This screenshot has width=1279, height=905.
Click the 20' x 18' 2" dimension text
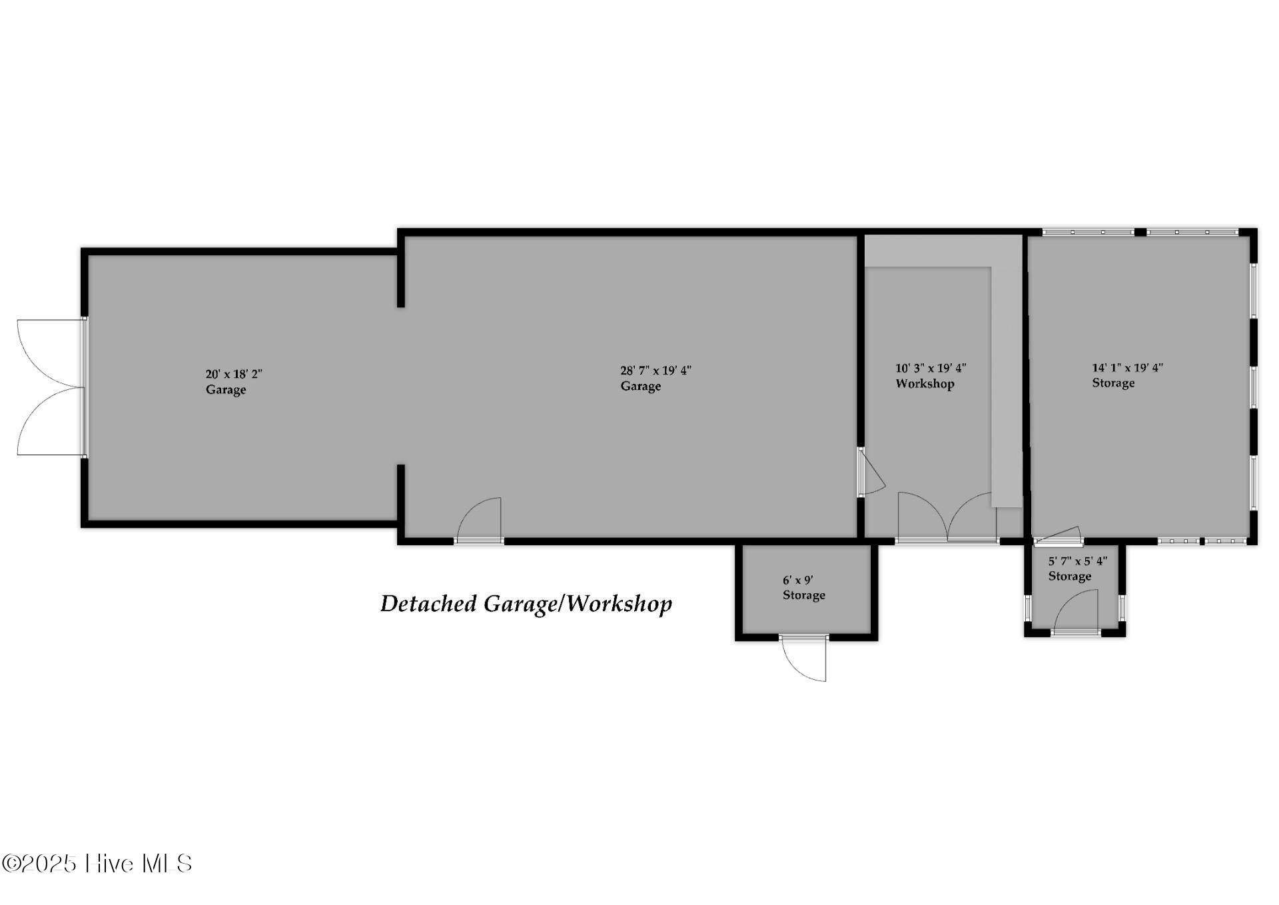click(234, 374)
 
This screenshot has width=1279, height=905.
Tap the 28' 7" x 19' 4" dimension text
click(655, 371)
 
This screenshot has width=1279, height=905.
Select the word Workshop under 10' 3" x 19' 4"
click(925, 384)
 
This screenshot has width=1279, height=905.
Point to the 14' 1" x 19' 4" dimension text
click(1127, 367)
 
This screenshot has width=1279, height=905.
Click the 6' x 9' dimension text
click(797, 580)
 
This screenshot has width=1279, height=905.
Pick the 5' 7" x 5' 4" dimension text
click(1078, 561)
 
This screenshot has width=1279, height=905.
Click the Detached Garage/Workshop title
click(526, 604)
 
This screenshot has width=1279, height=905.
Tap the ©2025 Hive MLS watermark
click(97, 864)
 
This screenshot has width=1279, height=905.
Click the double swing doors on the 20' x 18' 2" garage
click(51, 387)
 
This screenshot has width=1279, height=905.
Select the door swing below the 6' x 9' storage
click(803, 658)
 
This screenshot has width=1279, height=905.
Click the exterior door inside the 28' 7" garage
click(478, 520)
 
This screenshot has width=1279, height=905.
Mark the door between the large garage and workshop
click(871, 472)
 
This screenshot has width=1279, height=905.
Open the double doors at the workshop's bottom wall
click(947, 517)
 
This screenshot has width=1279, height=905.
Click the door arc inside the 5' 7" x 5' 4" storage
click(1075, 610)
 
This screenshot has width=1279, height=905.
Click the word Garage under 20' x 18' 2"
click(226, 390)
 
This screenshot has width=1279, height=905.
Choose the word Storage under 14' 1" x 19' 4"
click(1113, 383)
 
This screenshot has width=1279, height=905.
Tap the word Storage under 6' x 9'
click(804, 595)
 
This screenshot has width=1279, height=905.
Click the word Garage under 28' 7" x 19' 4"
click(641, 387)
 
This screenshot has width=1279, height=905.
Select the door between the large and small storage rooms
click(1057, 535)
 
